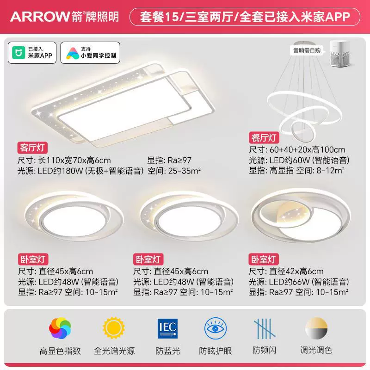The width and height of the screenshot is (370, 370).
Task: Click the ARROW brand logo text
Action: point(40,17)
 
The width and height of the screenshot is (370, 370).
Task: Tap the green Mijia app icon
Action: point(18,53)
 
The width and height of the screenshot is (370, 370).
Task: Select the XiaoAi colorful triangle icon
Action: point(73,53)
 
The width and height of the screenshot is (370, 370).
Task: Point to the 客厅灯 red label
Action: point(32,148)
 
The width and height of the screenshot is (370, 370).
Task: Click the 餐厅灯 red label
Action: point(264,138)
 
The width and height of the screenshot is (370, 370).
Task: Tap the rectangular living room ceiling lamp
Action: point(123,103)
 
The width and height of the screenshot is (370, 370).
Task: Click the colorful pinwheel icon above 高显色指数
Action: point(60,328)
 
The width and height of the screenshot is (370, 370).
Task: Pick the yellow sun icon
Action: point(114,328)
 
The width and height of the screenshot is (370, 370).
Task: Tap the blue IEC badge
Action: point(167,328)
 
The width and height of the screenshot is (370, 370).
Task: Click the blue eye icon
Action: point(216,328)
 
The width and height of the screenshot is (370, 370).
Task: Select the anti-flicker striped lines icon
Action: point(264,328)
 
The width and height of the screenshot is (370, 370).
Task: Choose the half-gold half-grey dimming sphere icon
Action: point(316,328)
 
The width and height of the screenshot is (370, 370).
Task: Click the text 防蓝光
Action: point(168,351)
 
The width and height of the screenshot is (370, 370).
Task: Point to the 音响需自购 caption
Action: point(307,50)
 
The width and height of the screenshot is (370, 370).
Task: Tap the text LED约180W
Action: point(60,171)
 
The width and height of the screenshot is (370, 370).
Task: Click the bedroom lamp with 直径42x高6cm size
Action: point(301,216)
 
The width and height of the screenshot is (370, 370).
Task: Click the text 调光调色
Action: point(316,350)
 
